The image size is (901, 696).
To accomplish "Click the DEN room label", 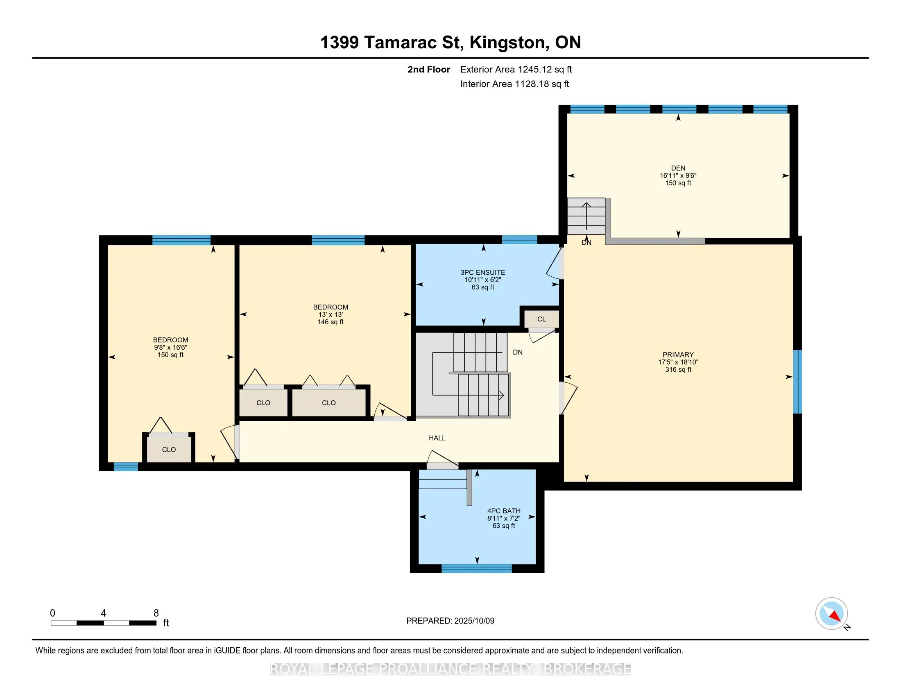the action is (678, 168).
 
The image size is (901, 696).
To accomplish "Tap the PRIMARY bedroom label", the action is (678, 355).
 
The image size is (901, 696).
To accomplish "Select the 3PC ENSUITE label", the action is (483, 272).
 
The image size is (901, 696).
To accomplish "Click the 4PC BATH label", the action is (504, 511).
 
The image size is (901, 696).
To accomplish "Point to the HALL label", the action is (437, 438).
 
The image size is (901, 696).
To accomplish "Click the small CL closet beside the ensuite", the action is (542, 319).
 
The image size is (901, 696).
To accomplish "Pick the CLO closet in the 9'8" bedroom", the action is (169, 449).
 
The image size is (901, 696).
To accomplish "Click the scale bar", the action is (104, 623).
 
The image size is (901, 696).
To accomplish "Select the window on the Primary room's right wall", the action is (797, 382).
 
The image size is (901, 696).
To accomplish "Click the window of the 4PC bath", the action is (476, 569).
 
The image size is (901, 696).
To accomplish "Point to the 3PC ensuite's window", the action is (519, 240).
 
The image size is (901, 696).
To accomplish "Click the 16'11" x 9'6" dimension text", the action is (678, 175).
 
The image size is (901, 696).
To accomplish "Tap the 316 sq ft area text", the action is (678, 369).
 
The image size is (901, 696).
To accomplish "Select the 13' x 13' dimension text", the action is (331, 314).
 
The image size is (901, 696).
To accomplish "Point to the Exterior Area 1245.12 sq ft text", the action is (516, 69).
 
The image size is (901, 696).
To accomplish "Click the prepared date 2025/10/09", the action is (474, 621).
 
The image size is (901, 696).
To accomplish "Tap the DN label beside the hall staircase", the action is (518, 352).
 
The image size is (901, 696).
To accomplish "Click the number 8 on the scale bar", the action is (156, 613).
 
